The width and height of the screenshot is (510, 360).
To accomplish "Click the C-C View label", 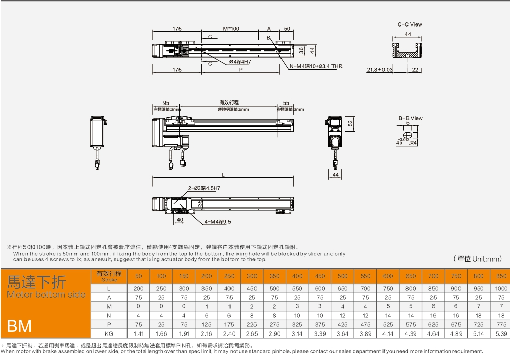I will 410,24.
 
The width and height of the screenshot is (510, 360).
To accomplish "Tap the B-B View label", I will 411,118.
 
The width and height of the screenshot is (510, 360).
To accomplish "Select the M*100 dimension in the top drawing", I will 231,29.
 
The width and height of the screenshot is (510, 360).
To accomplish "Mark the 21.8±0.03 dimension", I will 380,70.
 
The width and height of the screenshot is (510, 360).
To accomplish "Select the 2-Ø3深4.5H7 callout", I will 204,188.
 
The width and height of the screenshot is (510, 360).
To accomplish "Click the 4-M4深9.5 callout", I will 218,222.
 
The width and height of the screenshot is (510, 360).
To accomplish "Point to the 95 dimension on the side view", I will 166,103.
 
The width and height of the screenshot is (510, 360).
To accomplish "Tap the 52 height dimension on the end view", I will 350,123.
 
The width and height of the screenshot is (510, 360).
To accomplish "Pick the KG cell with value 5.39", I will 501,333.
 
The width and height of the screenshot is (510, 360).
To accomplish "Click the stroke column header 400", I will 297,276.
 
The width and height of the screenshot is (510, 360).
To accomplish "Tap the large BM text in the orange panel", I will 19,325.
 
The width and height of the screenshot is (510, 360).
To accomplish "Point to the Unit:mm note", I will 478,259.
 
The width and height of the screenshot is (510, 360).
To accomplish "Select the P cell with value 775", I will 501,324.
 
